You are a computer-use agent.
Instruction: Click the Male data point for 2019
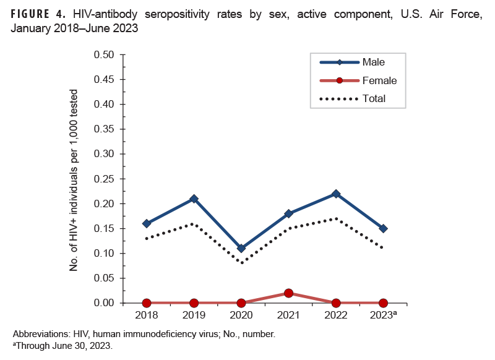(194, 199)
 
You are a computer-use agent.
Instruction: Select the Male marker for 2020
(241, 248)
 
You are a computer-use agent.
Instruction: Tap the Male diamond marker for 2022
(336, 194)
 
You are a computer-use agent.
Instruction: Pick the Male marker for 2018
(147, 223)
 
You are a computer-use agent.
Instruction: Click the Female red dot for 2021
(288, 293)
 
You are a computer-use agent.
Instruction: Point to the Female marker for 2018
(147, 303)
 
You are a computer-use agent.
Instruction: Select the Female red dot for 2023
(383, 303)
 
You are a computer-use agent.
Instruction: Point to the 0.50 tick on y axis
(105, 54)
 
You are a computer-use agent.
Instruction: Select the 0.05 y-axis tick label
(105, 278)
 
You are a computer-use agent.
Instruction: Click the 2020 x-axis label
(241, 315)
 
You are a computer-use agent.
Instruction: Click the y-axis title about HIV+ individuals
(74, 179)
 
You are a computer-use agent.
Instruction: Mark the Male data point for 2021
(288, 213)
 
